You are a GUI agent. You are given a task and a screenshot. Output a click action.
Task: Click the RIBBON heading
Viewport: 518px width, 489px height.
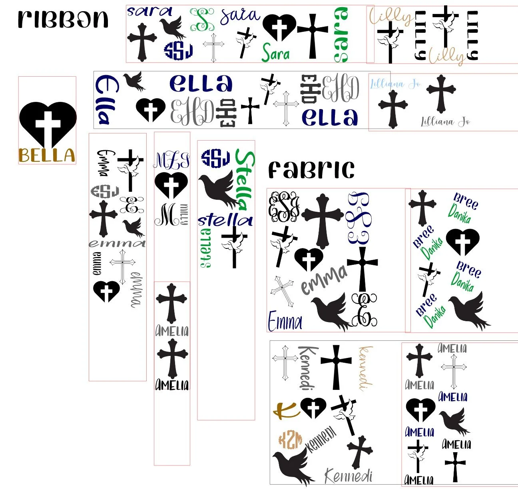point(63,19)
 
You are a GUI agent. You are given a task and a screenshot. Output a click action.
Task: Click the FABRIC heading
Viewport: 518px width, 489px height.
point(311,170)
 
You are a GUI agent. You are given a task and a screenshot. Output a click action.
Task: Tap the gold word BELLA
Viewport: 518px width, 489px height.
point(47,155)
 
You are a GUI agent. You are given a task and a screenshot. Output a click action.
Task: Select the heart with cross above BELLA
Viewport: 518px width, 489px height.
point(48,123)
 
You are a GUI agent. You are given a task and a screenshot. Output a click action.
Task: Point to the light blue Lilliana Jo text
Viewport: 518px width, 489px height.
point(395,84)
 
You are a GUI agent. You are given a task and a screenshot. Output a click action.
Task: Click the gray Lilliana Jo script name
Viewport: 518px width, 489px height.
point(445,121)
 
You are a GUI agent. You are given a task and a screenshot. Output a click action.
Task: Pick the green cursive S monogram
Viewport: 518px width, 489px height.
point(202,19)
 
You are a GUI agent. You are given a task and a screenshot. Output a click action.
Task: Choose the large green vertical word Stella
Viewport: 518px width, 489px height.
point(244,180)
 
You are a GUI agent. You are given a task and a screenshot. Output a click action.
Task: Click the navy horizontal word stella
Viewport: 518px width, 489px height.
point(225,220)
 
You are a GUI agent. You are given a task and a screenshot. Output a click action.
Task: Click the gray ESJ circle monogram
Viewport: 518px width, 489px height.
point(105,192)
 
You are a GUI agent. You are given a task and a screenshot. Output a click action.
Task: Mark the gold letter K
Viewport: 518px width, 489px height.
point(286,409)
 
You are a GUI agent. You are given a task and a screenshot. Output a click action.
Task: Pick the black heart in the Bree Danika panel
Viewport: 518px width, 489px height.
point(462,242)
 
